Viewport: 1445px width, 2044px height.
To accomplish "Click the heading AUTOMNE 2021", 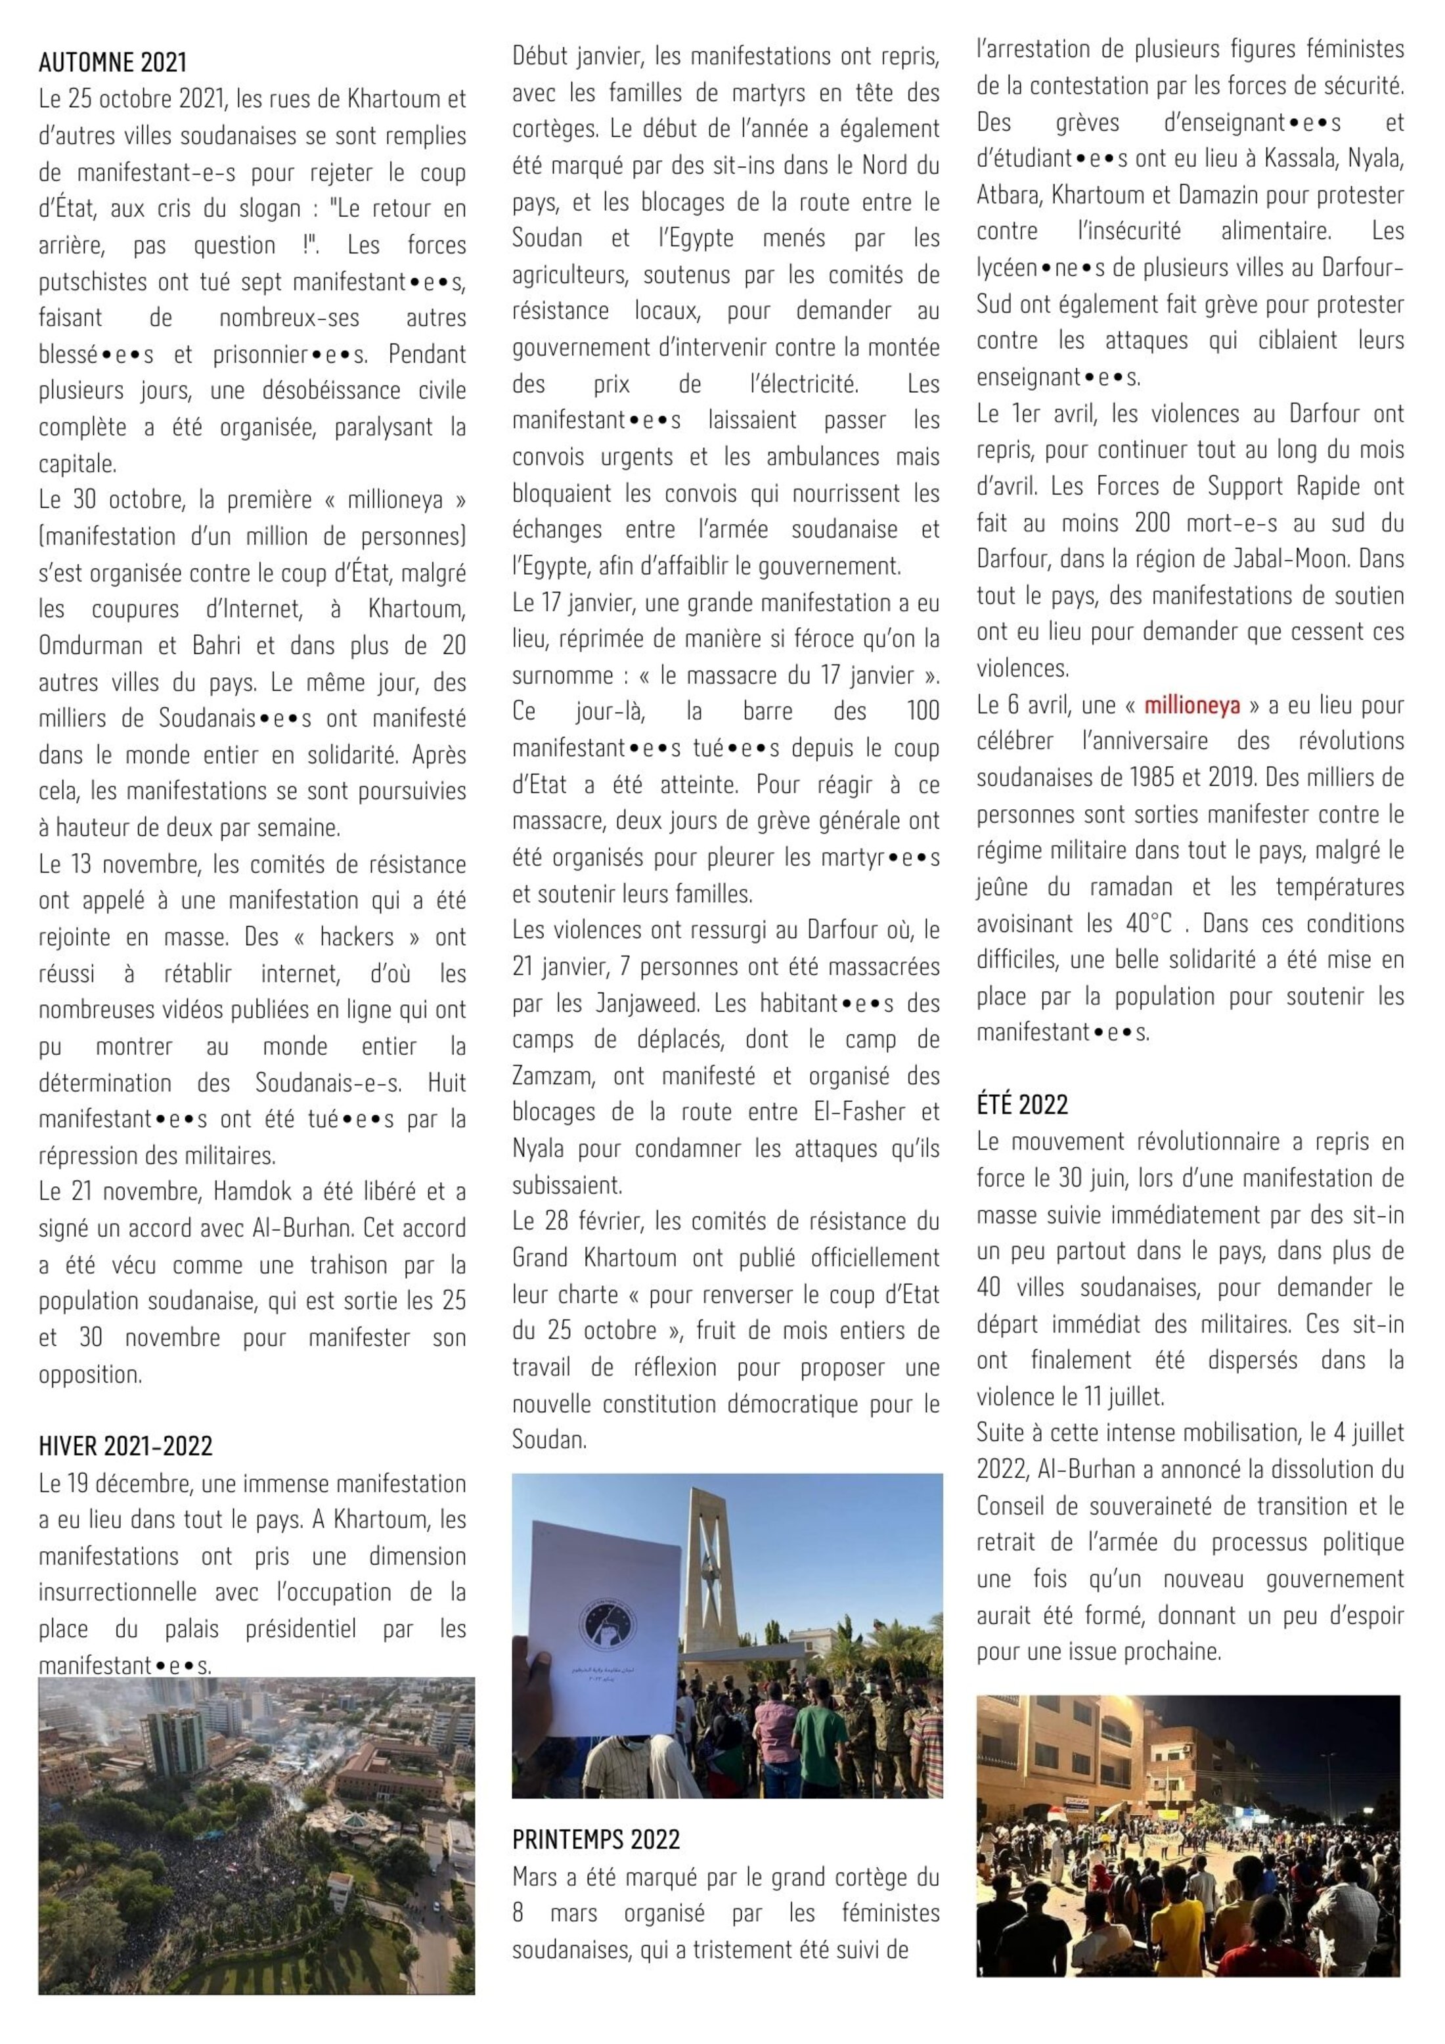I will [x=113, y=62].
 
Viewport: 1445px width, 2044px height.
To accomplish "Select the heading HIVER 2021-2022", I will [x=125, y=1446].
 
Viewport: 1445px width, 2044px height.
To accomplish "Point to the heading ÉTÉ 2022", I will [x=1022, y=1105].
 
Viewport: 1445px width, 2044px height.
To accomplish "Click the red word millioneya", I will [x=1192, y=705].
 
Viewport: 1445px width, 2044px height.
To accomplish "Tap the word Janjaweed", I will [x=642, y=1004].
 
